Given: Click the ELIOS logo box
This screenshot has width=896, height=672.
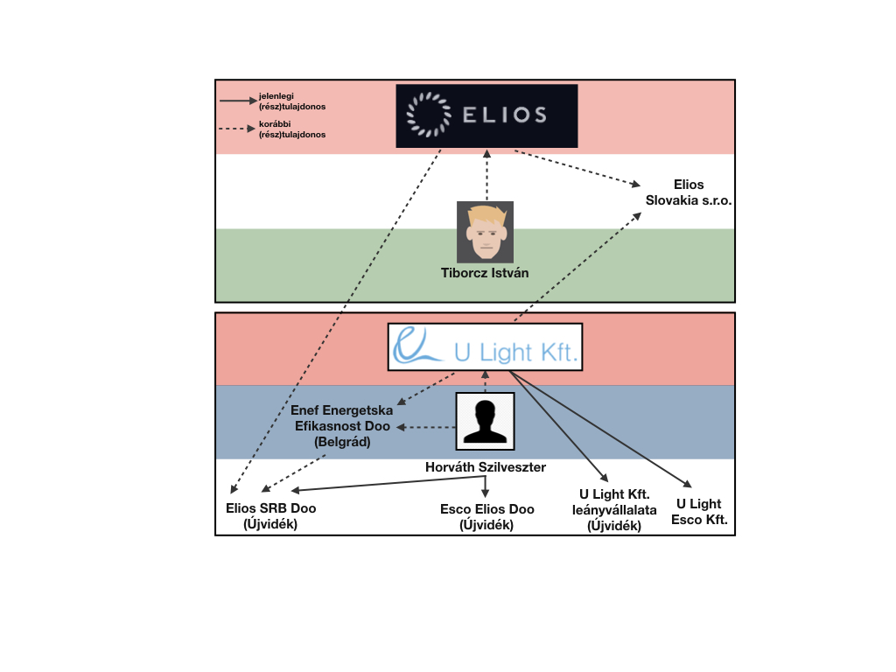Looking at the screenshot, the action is pos(486,116).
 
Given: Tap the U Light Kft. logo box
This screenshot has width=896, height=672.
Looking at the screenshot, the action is pos(485,346).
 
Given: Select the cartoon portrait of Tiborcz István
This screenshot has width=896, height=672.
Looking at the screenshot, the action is pos(485,232).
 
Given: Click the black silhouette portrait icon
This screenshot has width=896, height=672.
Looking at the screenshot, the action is pos(485,421).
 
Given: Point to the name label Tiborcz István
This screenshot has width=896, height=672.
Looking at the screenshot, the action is pos(485,273).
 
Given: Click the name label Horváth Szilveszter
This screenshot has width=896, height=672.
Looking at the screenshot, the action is pos(485,467).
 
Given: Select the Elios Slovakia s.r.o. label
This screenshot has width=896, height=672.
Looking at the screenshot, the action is pos(689,192).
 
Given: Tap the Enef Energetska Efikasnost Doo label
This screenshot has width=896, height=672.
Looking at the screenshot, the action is pos(342,426).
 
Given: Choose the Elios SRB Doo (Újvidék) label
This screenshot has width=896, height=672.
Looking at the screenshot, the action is pos(271,516).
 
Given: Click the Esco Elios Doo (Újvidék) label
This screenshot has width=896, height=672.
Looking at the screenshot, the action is pos(486,517).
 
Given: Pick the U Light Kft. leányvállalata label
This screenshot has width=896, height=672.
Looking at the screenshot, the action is pos(614,510).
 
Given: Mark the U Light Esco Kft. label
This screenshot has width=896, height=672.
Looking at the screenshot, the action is pos(699,511).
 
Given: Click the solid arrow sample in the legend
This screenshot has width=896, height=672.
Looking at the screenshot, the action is pos(238,101).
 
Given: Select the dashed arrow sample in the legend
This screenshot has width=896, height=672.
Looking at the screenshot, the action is pos(237,129).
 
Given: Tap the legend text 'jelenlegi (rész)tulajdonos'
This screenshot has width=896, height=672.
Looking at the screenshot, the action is pos(292,101).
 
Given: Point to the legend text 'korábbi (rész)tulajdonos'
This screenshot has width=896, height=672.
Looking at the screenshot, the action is pos(292,129).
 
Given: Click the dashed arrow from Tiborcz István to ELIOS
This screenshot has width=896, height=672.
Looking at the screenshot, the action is pos(486,175).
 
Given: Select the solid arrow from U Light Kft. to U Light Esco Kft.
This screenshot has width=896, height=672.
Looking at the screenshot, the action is pos(600,429).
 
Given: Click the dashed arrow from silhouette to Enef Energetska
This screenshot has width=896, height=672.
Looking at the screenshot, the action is pos(426,427).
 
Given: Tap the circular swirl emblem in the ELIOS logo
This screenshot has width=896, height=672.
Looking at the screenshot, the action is pos(429,115).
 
